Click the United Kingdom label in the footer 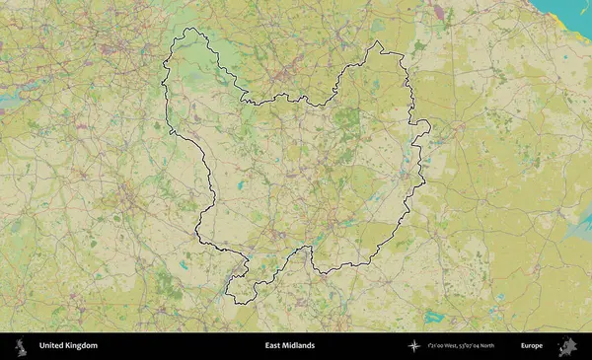(68, 345)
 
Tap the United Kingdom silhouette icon (19, 345)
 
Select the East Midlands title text (290, 345)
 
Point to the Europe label (532, 345)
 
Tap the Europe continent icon (569, 345)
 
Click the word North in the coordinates (509, 345)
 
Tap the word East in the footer (272, 345)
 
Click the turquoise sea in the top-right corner (577, 15)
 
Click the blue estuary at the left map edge (12, 100)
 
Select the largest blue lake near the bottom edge (434, 317)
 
